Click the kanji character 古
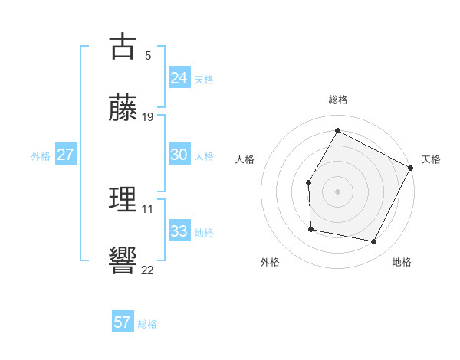[x=123, y=47]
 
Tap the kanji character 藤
[x=123, y=107]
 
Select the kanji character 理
[x=123, y=200]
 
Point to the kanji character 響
[x=123, y=260]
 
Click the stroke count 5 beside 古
[x=147, y=56]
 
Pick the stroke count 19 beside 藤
[x=148, y=117]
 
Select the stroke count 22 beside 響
[x=148, y=270]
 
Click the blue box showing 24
[x=179, y=78]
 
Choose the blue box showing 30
[x=179, y=155]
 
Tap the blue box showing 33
[x=179, y=231]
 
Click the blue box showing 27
[x=66, y=155]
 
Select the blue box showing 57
[x=123, y=322]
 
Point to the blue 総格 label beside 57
[x=147, y=324]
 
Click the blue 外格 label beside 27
[x=41, y=156]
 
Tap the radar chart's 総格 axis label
[x=337, y=100]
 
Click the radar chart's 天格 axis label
[x=431, y=159]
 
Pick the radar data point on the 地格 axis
[x=374, y=242]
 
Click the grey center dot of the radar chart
[x=337, y=191]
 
